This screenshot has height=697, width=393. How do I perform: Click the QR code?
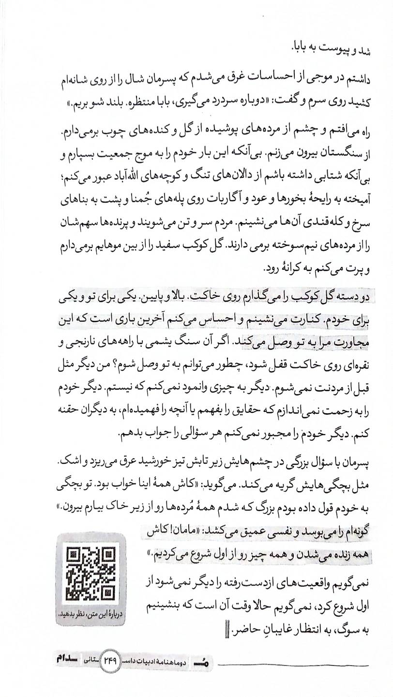(x=91, y=572)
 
